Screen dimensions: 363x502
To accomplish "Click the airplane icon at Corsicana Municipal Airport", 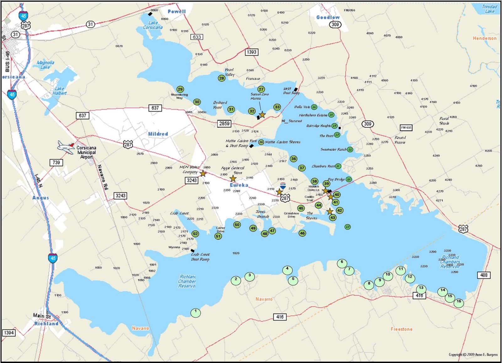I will point(66,147).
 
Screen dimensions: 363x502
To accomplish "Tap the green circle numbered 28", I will point(222,78).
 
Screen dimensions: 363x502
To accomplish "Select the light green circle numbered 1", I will point(195,312).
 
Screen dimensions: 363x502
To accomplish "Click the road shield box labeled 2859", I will point(224,124).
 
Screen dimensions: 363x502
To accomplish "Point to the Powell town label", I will point(177,12).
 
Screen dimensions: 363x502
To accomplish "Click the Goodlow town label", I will point(328,17).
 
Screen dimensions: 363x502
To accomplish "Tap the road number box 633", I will point(197,37).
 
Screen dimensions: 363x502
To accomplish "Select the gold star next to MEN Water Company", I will point(203,173).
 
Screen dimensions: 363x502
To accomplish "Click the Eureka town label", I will point(239,185).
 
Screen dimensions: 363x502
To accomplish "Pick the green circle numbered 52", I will point(195,234).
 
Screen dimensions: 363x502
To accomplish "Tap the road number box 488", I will point(484,275).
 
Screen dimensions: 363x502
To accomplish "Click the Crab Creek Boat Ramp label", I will point(200,257).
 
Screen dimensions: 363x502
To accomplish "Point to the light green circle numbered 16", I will point(459,302).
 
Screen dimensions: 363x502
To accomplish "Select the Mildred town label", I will point(158,134).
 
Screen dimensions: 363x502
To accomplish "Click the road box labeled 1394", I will point(9,333).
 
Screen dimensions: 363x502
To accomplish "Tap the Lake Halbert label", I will point(59,91).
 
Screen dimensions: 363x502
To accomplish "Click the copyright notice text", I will point(473,355).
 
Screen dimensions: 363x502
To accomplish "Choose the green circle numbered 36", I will point(293,159).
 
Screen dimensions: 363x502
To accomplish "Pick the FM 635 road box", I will point(406,128).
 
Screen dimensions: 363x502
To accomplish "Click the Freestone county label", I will point(401,329).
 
